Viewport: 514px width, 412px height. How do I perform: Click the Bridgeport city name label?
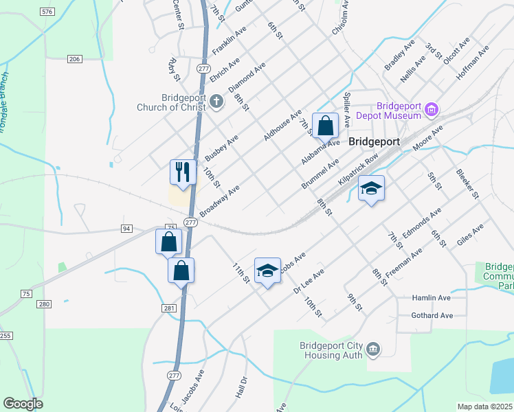(374, 141)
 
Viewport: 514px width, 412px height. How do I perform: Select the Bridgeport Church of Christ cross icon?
(216, 102)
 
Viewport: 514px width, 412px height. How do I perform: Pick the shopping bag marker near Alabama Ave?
(326, 125)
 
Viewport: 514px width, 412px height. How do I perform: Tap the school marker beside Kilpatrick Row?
(371, 188)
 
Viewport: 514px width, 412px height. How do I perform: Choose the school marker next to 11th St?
(267, 270)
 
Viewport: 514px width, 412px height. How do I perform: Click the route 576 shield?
(47, 12)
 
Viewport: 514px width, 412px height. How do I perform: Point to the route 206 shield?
(75, 59)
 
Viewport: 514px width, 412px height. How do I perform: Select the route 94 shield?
(126, 228)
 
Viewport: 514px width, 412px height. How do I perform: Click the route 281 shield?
(170, 309)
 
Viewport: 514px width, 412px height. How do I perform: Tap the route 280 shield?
(45, 304)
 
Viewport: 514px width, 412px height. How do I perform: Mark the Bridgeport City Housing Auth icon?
(372, 350)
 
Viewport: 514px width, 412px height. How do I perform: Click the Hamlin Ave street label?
(431, 298)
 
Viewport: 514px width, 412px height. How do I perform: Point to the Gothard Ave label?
(432, 315)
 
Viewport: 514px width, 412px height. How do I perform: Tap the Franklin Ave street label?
(229, 41)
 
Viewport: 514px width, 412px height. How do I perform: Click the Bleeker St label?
(467, 184)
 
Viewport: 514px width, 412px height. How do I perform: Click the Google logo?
(23, 404)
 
